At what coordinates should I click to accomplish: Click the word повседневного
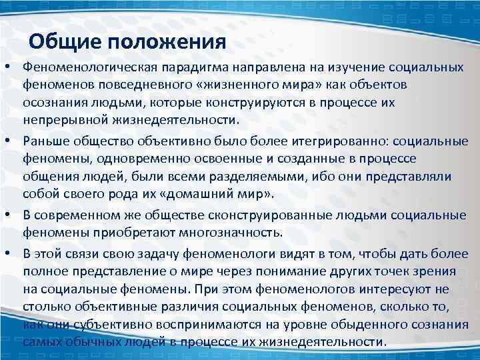pos(143,86)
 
